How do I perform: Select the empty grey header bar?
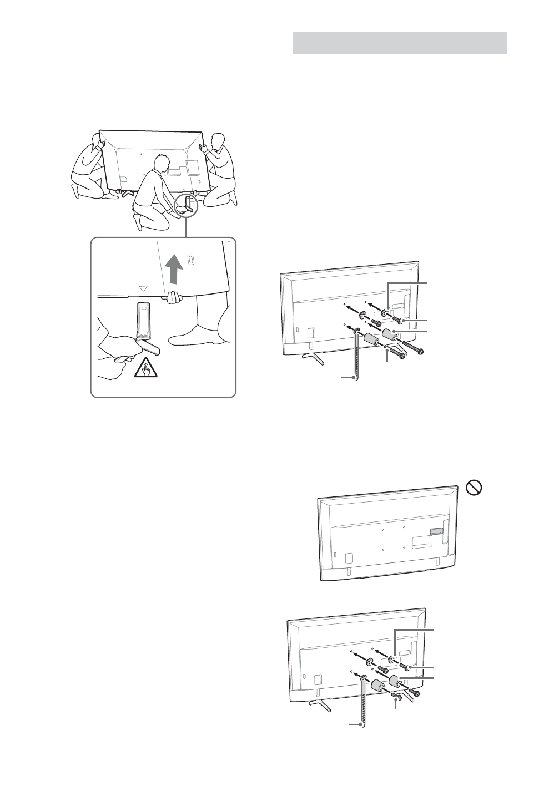[399, 43]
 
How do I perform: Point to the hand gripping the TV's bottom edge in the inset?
[174, 298]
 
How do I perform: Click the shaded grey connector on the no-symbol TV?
[437, 530]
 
